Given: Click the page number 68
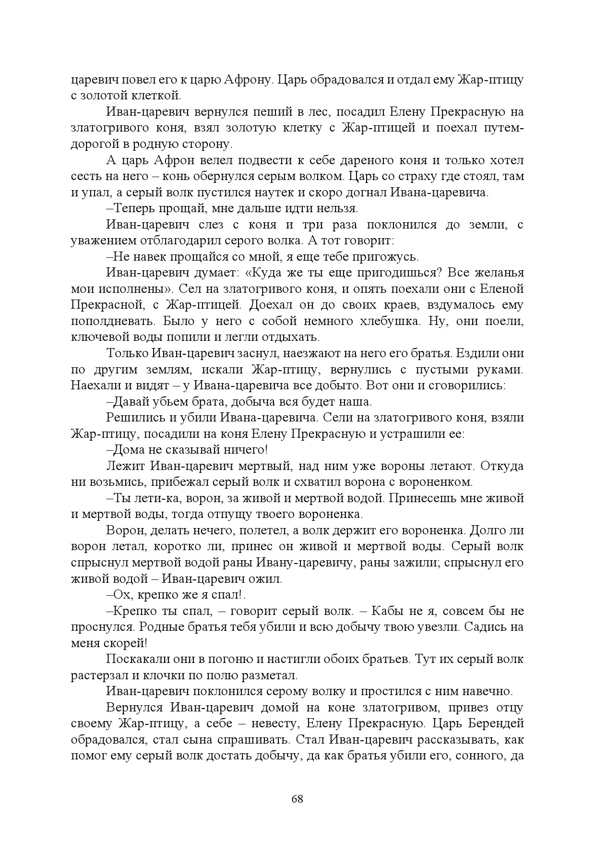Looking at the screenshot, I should point(297,799).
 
